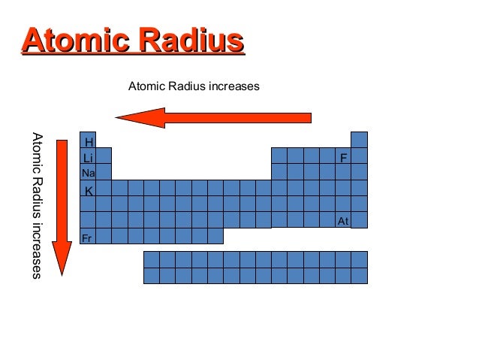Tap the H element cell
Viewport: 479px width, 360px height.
click(x=88, y=141)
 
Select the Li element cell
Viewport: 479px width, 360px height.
click(x=88, y=158)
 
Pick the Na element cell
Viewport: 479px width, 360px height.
click(x=88, y=173)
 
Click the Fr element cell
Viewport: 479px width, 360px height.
click(x=88, y=237)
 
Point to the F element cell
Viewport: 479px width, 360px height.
click(x=343, y=158)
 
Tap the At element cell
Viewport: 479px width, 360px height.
click(x=343, y=220)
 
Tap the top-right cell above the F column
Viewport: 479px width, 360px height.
click(x=360, y=141)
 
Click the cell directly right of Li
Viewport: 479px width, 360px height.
click(x=104, y=156)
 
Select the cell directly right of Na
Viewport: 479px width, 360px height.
click(x=104, y=172)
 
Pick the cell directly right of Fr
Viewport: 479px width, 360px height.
click(x=104, y=236)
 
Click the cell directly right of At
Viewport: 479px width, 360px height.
click(x=360, y=220)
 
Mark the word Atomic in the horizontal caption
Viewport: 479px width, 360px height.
click(x=146, y=86)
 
